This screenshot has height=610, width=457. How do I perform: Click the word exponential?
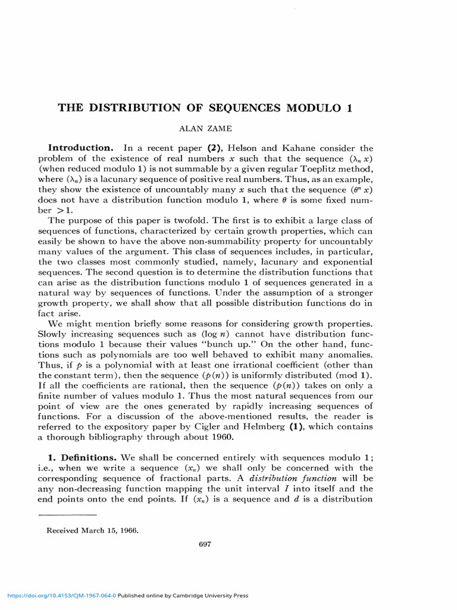click(348, 262)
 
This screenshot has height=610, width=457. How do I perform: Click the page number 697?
click(205, 543)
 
